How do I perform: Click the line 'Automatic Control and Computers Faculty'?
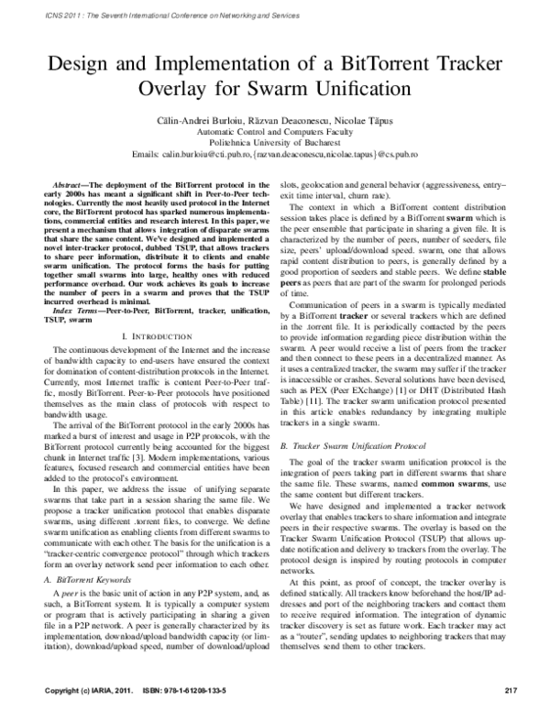[275, 131]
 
